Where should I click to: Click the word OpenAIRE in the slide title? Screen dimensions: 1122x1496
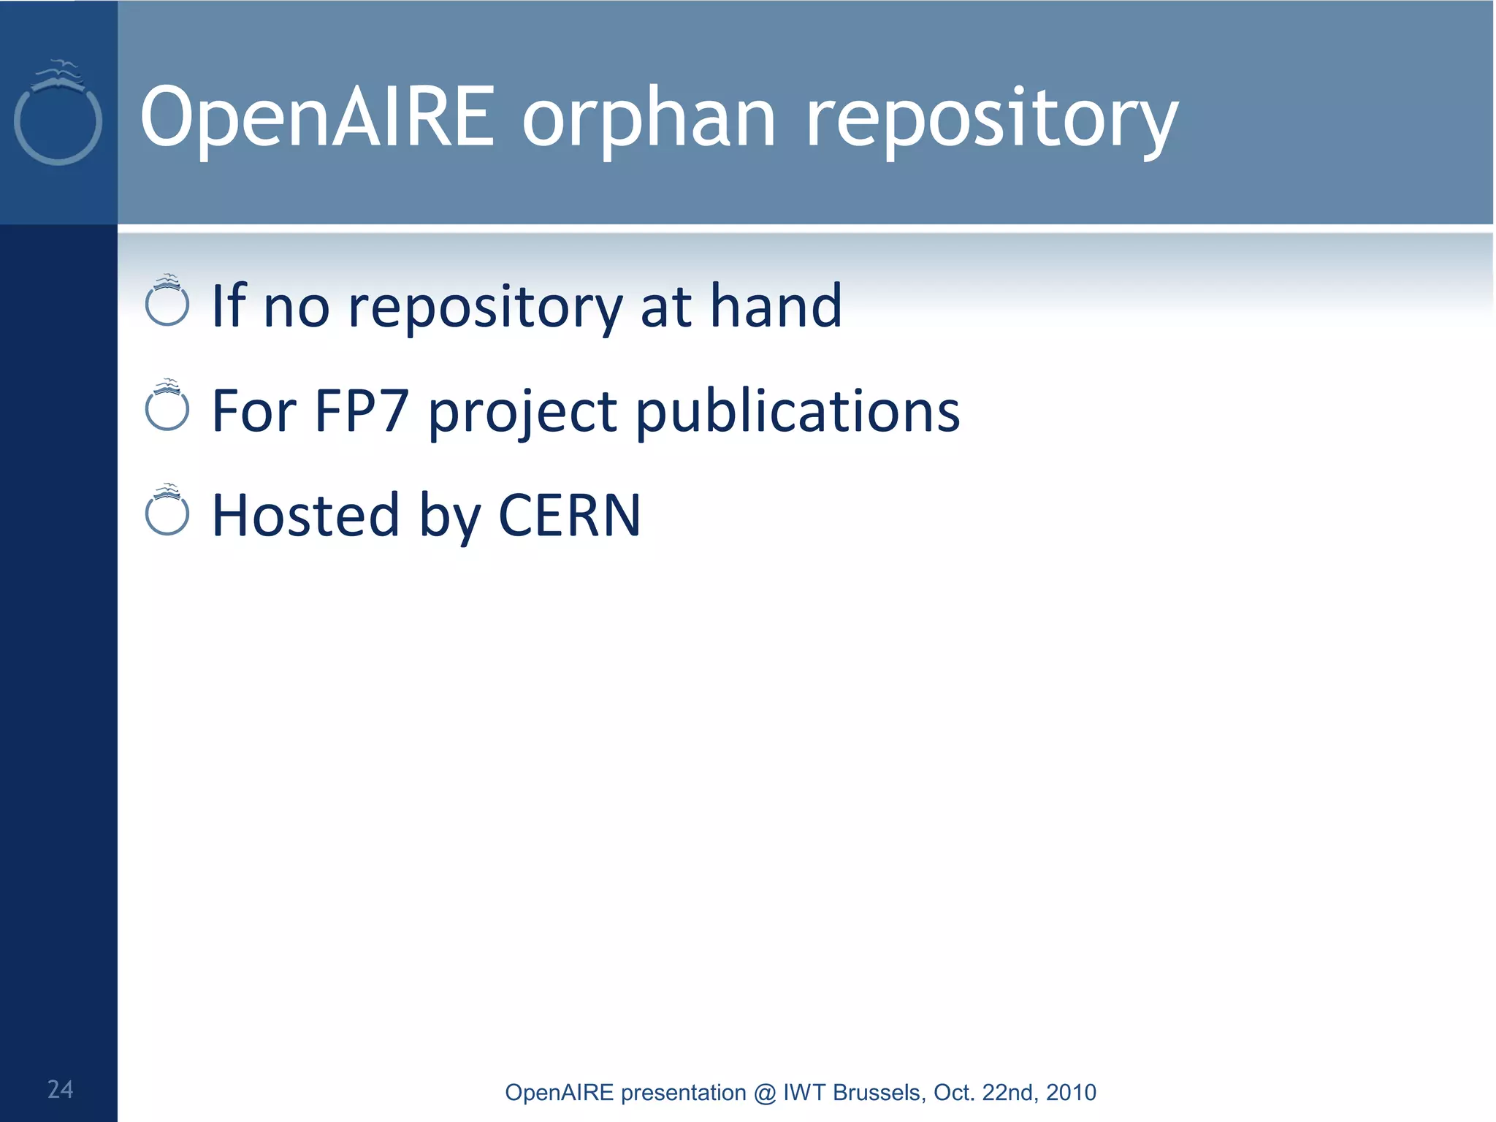318,117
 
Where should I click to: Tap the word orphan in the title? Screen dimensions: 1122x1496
649,121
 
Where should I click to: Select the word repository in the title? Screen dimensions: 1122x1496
991,121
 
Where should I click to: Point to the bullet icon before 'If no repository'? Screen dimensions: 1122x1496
167,302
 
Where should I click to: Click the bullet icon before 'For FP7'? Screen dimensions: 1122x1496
167,406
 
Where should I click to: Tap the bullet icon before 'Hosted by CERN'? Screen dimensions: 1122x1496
167,511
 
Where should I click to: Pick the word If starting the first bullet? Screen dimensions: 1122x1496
229,305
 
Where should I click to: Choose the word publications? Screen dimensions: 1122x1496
797,412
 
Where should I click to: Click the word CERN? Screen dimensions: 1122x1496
569,516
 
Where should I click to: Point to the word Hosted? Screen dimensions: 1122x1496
305,516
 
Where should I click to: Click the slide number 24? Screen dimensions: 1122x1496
60,1089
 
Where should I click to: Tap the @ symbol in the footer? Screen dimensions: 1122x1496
764,1093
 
